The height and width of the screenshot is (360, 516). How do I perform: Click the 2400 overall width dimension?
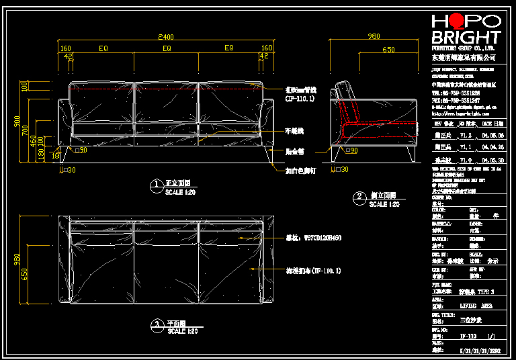coord(165,36)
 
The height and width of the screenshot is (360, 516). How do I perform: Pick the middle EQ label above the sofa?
coord(166,48)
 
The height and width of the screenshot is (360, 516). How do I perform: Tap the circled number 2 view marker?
coord(360,197)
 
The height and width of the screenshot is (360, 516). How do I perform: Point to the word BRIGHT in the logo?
coord(466,37)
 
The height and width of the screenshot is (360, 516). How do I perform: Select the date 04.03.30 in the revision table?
coord(492,161)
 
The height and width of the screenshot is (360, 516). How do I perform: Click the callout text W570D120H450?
coord(313,237)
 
